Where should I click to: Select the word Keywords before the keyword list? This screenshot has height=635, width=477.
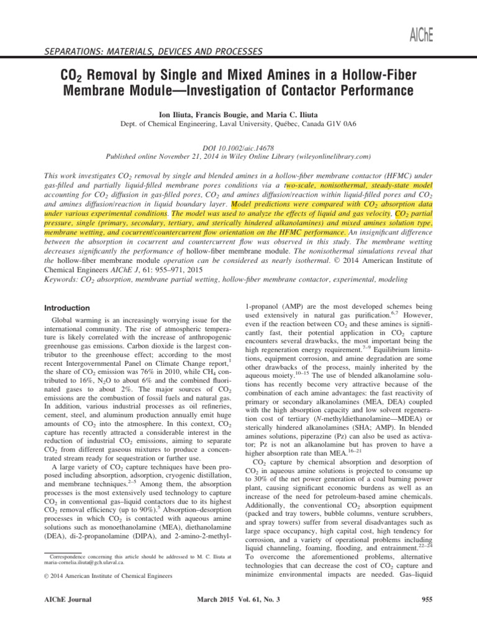[x=65, y=280]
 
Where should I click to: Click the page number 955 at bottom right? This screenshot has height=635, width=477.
[x=427, y=600]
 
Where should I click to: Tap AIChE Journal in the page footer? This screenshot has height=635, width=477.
[x=70, y=600]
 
